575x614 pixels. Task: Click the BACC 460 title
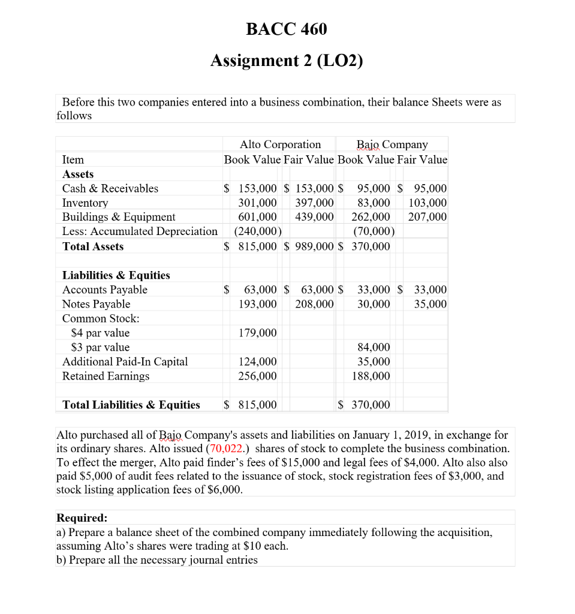(287, 29)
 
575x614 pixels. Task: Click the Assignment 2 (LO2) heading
(287, 61)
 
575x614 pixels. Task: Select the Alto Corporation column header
(280, 145)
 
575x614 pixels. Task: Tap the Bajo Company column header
(392, 145)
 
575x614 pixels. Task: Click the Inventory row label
(85, 203)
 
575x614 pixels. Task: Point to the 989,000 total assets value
(315, 246)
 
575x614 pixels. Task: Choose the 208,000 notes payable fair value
(315, 304)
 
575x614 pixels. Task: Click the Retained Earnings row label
(106, 376)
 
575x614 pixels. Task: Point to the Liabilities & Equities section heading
(116, 275)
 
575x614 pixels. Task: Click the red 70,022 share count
(227, 449)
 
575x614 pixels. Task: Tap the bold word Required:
(82, 517)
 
